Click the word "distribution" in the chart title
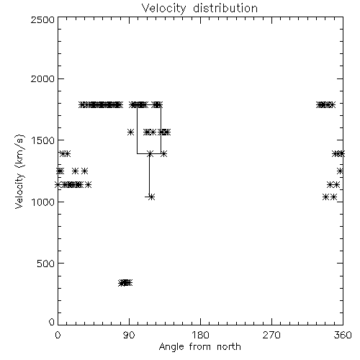click(225, 8)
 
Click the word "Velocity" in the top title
click(164, 8)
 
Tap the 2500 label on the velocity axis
click(42, 19)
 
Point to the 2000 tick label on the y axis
click(42, 78)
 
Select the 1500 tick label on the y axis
click(43, 140)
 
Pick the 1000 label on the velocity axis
click(43, 202)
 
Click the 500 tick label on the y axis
click(46, 264)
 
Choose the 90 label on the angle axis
click(129, 335)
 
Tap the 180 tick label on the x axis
click(200, 335)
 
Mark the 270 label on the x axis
click(271, 335)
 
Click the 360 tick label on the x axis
click(343, 335)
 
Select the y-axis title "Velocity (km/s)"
click(19, 171)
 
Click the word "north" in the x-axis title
click(229, 347)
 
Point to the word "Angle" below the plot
click(171, 347)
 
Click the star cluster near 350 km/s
click(125, 283)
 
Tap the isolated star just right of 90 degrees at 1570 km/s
click(130, 132)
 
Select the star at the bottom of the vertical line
click(151, 197)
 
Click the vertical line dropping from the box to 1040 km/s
click(149, 175)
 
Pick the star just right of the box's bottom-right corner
click(164, 153)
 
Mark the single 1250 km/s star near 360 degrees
click(340, 171)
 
